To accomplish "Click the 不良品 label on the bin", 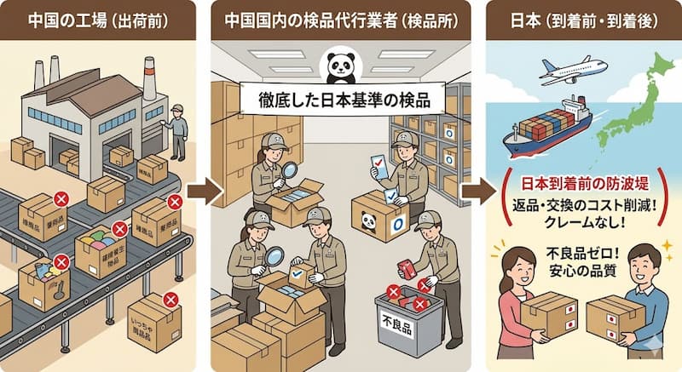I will click(396, 326).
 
